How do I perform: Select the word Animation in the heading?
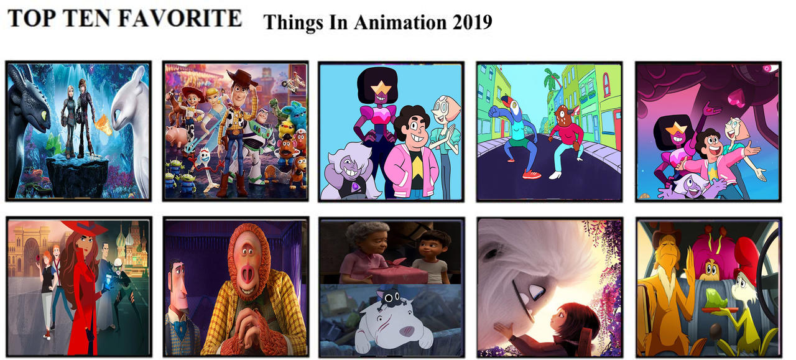(x=399, y=22)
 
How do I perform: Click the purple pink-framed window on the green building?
(x=606, y=84)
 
